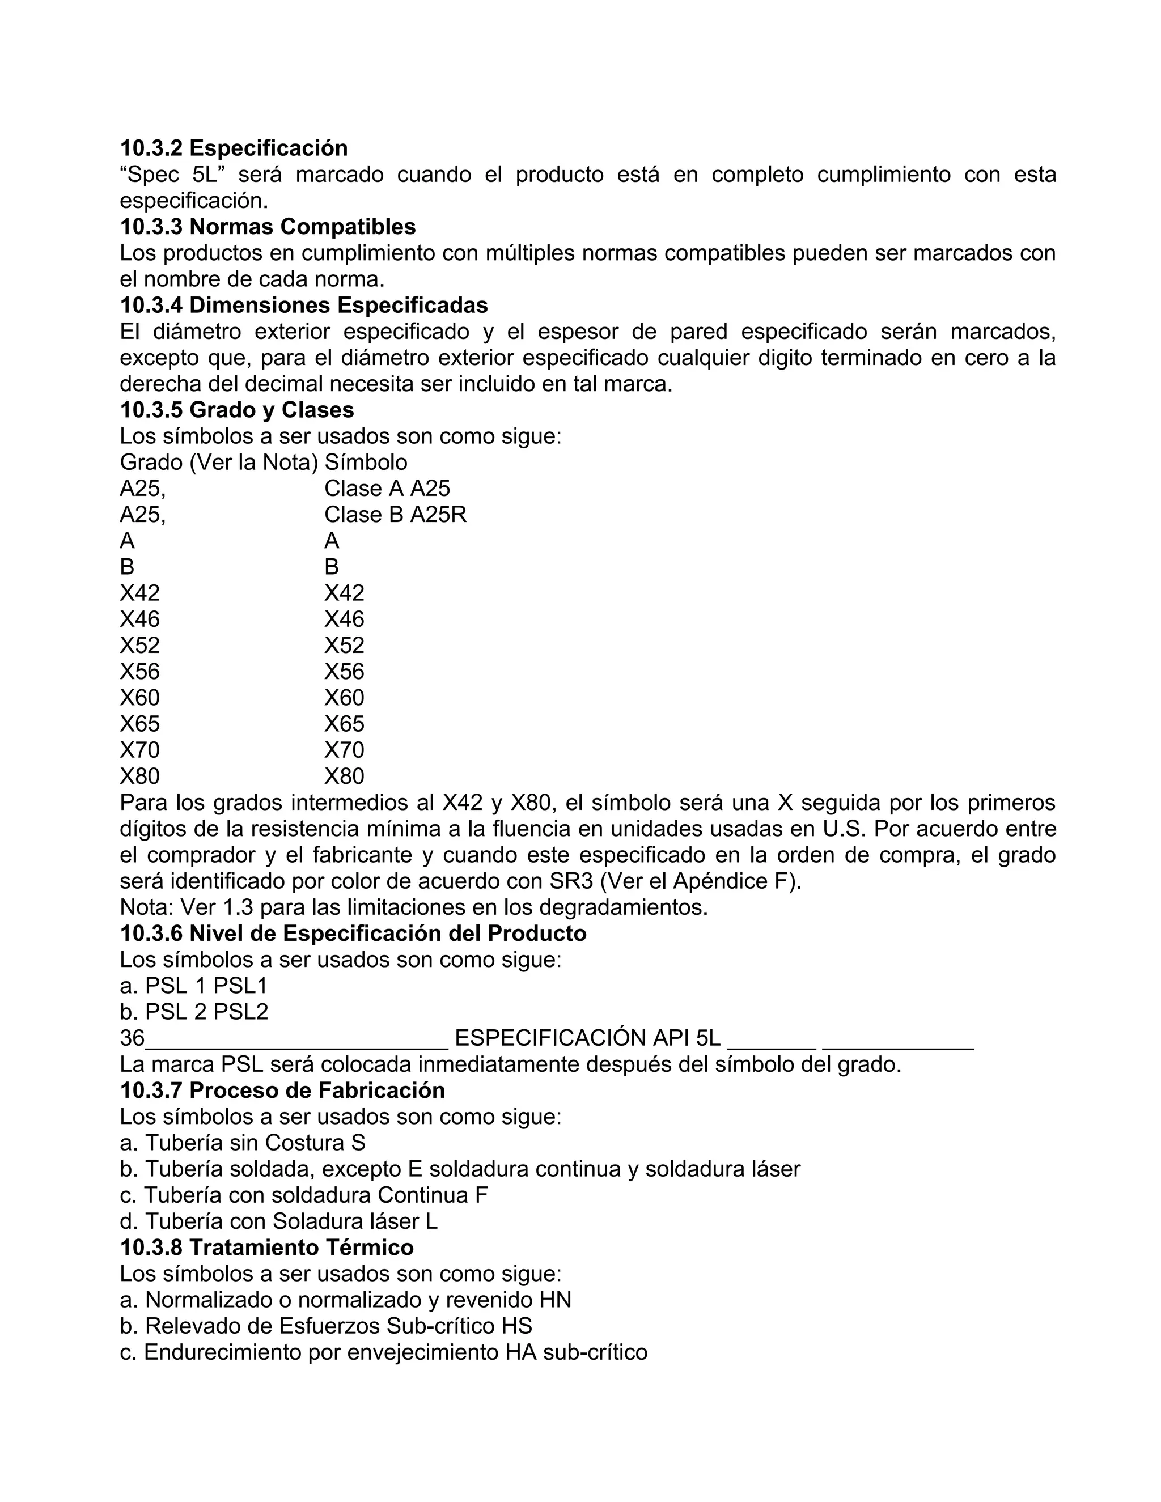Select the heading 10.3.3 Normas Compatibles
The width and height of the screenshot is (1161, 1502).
[x=268, y=226]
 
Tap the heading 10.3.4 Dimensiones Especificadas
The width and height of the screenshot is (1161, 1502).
[x=303, y=305]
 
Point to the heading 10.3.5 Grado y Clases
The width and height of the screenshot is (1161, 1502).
[x=236, y=410]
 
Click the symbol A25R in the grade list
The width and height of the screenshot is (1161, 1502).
[x=438, y=515]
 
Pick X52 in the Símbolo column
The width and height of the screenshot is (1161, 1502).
[x=344, y=645]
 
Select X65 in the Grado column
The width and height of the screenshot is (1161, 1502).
[x=139, y=723]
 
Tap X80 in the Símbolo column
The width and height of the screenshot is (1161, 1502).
[x=344, y=776]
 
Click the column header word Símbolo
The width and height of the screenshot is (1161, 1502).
[x=365, y=462]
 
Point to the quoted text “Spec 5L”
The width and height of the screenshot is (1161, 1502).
[x=168, y=175]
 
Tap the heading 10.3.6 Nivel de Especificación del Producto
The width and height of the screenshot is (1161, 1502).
[x=353, y=934]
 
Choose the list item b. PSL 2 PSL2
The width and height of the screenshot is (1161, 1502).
[x=193, y=1012]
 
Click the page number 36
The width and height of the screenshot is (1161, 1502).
[x=132, y=1038]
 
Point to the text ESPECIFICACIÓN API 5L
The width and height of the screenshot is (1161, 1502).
[x=587, y=1038]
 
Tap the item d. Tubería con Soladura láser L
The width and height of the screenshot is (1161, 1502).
[x=278, y=1221]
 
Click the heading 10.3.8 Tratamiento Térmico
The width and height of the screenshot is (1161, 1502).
[x=267, y=1247]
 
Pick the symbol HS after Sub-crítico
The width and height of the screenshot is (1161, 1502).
[x=516, y=1325]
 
